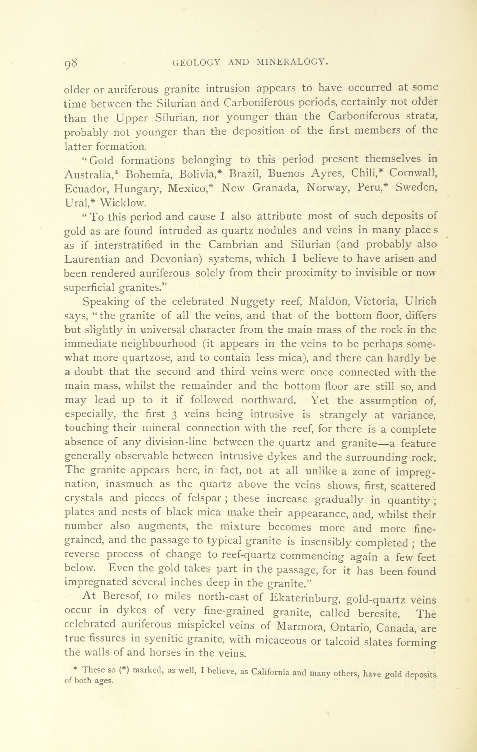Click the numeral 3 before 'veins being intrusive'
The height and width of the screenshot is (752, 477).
coord(175,415)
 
